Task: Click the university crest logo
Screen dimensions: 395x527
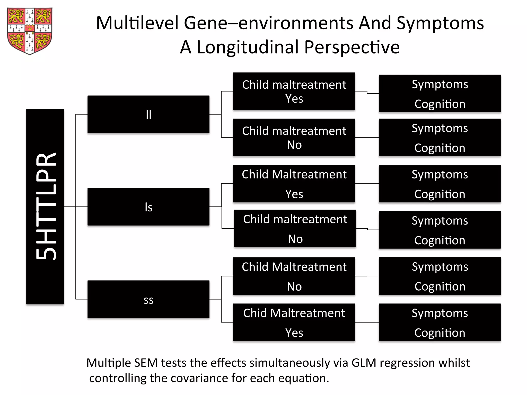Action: [x=30, y=31]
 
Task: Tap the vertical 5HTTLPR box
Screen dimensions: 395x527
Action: [x=45, y=207]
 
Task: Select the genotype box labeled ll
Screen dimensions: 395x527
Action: [x=148, y=114]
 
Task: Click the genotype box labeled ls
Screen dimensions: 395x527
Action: [x=148, y=207]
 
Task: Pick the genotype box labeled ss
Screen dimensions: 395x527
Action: [x=148, y=299]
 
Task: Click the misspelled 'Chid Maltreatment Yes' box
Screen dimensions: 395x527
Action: [x=294, y=322]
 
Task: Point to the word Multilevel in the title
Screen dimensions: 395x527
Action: [x=137, y=23]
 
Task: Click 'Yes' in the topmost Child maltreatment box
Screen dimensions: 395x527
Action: [x=294, y=99]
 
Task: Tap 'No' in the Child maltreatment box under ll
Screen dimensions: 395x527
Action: [x=294, y=145]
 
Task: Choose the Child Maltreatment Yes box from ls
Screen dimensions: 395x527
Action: [x=294, y=184]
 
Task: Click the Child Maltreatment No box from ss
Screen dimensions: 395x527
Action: [x=294, y=276]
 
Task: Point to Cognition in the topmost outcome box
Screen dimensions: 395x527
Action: [x=440, y=104]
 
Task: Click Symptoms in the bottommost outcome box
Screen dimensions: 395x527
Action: [x=440, y=313]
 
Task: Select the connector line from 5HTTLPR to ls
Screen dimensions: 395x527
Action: [x=75, y=207]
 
